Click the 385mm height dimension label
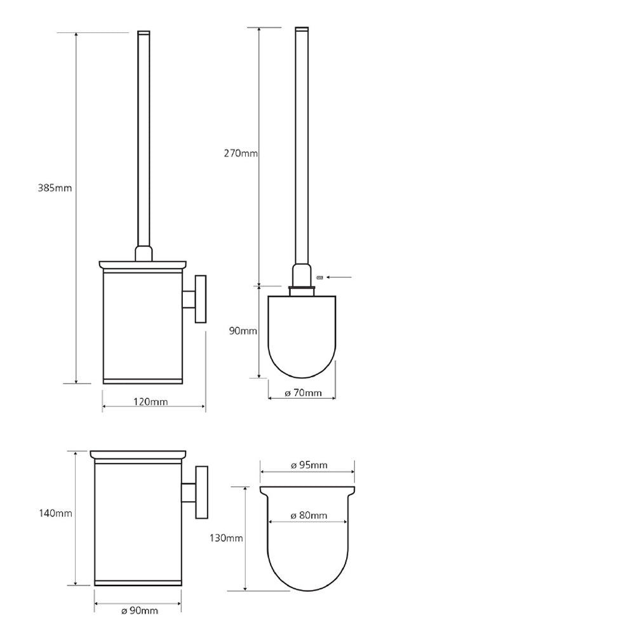click(55, 188)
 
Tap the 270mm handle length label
click(241, 153)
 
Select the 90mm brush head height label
click(243, 331)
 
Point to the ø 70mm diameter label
click(303, 393)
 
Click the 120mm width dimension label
click(150, 402)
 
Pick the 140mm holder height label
click(55, 513)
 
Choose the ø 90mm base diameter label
click(140, 611)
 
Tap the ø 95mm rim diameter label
click(309, 465)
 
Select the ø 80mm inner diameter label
click(309, 516)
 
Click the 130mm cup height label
click(226, 538)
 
